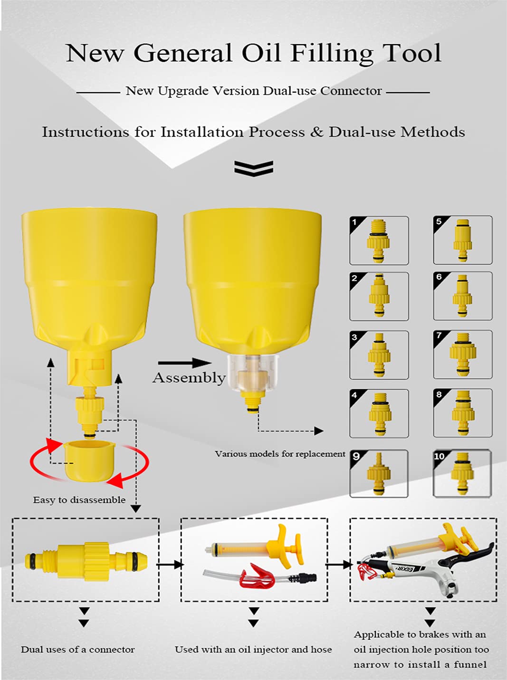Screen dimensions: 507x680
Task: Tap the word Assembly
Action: (189, 378)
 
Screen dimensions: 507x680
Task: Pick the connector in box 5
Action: (462, 240)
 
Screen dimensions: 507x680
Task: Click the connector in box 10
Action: (462, 474)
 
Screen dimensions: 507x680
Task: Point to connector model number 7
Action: (462, 354)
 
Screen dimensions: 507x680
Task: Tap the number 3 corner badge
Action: (356, 337)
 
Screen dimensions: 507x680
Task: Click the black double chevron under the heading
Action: (254, 168)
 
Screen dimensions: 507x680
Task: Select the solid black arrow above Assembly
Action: (184, 363)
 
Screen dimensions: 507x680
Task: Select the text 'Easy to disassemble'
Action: (79, 500)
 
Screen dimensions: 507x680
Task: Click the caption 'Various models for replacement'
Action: (280, 454)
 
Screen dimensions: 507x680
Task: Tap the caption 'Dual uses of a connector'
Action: (78, 650)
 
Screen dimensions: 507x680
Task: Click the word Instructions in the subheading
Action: (86, 132)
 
